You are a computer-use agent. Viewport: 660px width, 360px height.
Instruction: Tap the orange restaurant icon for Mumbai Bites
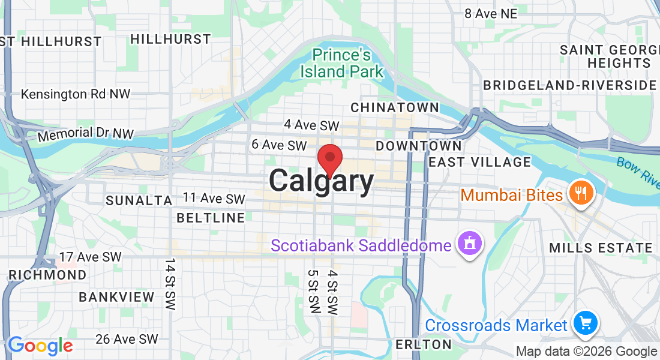pos(580,193)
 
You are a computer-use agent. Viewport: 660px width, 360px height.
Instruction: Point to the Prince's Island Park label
pos(341,64)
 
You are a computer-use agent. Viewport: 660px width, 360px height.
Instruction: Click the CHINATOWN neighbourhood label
pos(394,107)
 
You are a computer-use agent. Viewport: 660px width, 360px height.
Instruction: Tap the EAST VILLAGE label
pos(480,162)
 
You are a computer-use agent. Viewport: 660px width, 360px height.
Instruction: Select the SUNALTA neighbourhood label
pos(139,200)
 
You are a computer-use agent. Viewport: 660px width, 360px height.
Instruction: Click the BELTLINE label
pos(211,218)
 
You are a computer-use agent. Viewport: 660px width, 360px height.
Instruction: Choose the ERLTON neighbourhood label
pos(424,344)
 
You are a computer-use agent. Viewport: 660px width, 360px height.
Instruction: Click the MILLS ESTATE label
pos(601,248)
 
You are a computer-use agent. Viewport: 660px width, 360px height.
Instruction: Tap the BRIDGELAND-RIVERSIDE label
pos(570,85)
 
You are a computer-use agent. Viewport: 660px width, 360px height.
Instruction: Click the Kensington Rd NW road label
pos(76,94)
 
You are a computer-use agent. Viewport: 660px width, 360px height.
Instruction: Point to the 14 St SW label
pos(171,285)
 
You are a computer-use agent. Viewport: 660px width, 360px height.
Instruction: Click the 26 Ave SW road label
pos(127,340)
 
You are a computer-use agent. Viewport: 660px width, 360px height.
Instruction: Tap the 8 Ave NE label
pos(490,13)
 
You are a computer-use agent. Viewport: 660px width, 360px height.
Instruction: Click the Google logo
pos(40,346)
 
